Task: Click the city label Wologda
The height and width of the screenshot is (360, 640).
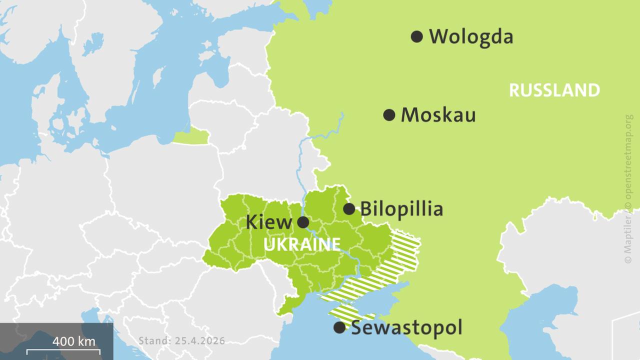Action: tap(470, 36)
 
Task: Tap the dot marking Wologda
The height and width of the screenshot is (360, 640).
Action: tap(417, 36)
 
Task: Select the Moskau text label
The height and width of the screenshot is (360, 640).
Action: tap(438, 115)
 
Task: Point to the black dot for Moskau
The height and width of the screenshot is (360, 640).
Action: tap(389, 115)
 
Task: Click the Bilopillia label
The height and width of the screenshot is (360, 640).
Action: tap(401, 209)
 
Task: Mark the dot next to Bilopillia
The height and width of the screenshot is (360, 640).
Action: tap(349, 209)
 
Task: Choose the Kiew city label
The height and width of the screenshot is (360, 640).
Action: tap(268, 222)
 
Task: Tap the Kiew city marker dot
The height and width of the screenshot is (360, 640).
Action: tap(303, 222)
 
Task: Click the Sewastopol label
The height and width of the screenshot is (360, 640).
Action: tap(406, 328)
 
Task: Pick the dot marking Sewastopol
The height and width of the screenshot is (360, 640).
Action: tap(339, 327)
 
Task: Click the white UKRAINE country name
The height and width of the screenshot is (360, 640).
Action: tap(301, 245)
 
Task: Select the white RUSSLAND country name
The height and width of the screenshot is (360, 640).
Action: tap(554, 90)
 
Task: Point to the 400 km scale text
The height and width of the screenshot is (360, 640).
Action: tap(73, 342)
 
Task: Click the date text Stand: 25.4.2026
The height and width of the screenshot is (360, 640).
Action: tap(181, 341)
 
